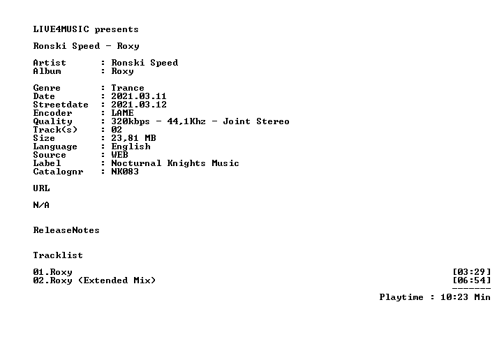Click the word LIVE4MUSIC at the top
(61, 29)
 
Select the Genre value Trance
(128, 88)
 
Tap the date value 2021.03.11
(138, 96)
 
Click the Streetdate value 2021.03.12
(138, 105)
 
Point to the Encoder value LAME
(122, 113)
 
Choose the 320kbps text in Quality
(131, 121)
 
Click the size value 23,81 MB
(133, 138)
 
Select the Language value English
(131, 147)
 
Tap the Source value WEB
(119, 155)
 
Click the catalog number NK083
(125, 172)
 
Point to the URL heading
(41, 188)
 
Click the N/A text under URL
(41, 205)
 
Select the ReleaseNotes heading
(66, 230)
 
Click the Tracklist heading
(58, 255)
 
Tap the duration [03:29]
(471, 272)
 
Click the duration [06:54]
(471, 280)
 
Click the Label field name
(47, 163)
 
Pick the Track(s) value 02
(117, 130)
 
